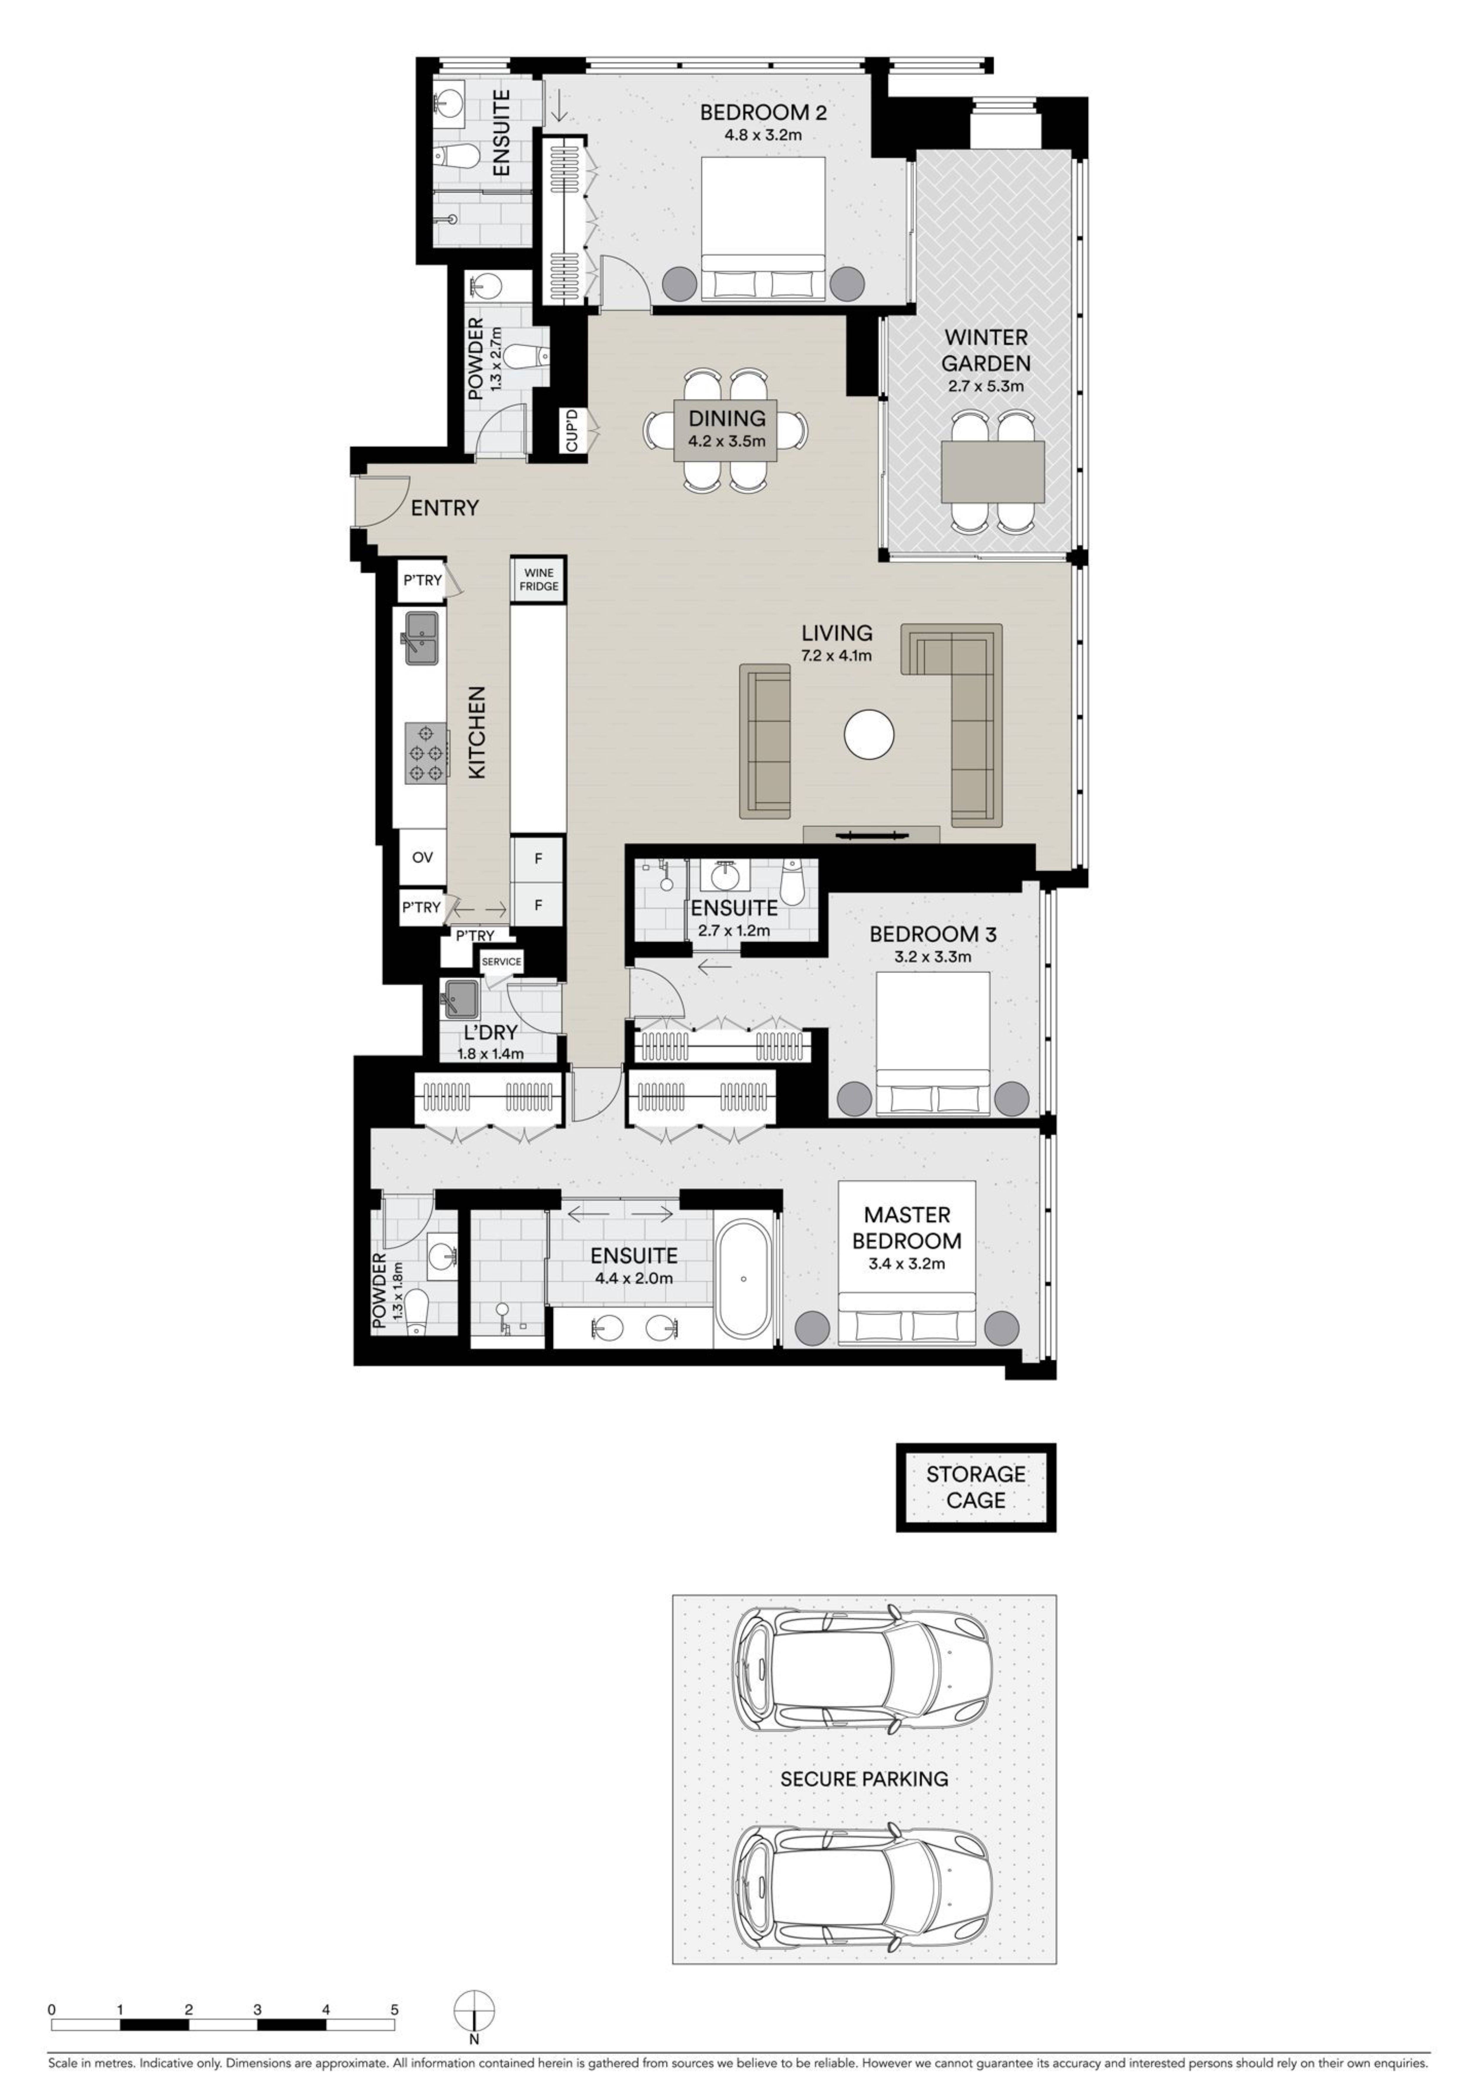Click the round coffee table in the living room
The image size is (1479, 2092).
point(869,733)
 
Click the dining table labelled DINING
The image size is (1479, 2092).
point(726,431)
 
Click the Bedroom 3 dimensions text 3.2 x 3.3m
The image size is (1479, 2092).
point(933,957)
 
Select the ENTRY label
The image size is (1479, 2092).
point(444,508)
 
